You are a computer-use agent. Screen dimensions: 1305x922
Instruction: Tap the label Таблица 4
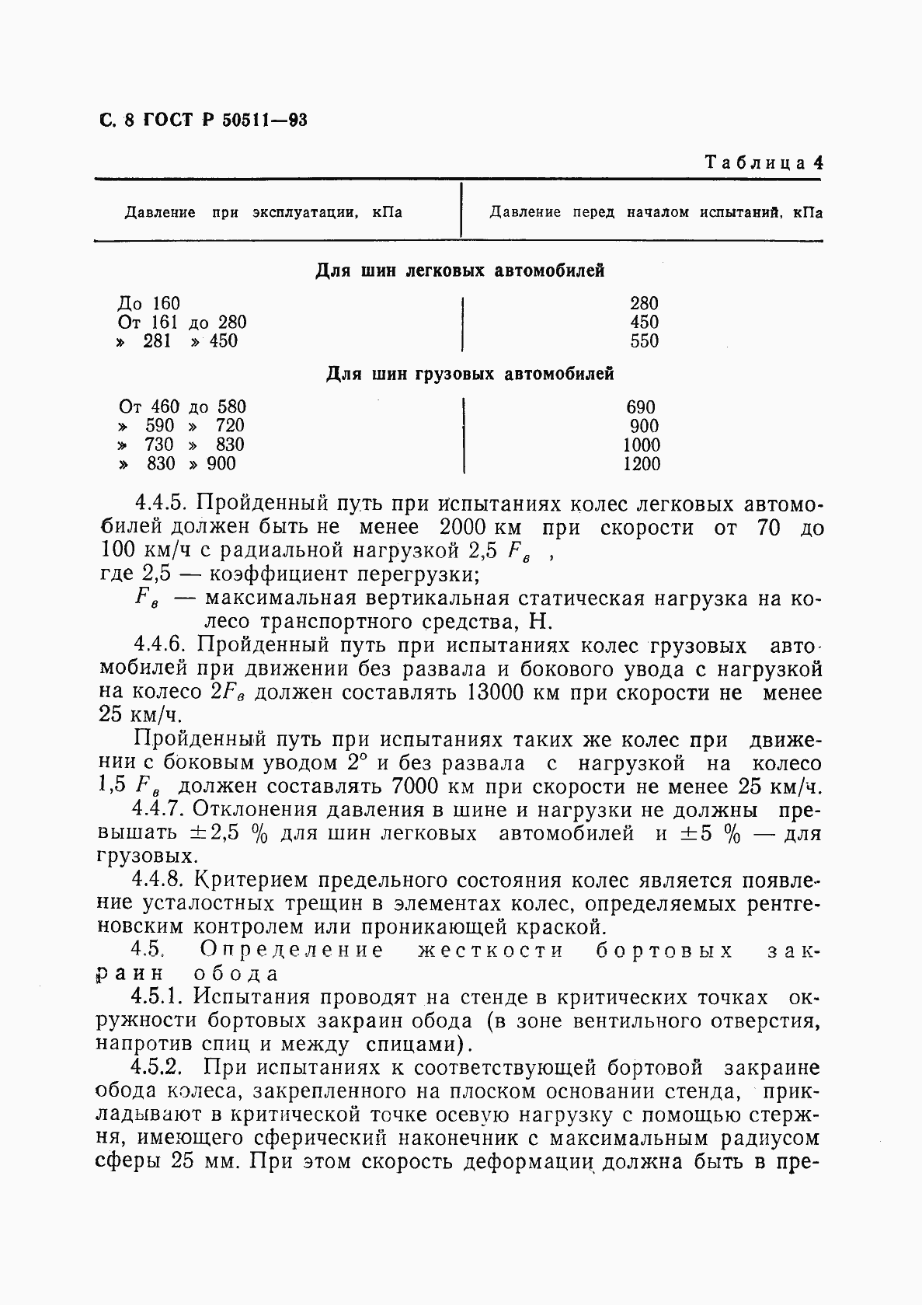(x=764, y=163)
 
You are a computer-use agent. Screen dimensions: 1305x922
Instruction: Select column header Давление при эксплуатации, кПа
(x=263, y=212)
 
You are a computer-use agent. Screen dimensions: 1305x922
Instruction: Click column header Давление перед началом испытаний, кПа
(x=656, y=212)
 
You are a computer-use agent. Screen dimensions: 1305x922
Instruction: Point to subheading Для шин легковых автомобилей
(x=460, y=271)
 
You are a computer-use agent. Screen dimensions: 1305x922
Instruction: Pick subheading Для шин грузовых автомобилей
(x=469, y=374)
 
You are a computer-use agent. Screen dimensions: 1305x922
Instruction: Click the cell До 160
(x=148, y=303)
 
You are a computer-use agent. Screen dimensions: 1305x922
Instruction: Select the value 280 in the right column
(x=644, y=303)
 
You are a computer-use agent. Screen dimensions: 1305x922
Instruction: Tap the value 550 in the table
(x=644, y=340)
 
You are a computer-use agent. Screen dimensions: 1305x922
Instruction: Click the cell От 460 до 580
(x=183, y=407)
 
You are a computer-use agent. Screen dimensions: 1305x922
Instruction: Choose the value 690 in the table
(x=641, y=407)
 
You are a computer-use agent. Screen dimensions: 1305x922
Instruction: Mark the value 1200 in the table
(x=642, y=464)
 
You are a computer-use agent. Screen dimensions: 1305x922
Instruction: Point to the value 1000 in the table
(x=642, y=445)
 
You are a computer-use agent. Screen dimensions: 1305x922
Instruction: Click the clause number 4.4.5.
(x=158, y=504)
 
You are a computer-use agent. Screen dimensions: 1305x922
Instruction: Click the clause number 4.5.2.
(x=158, y=1068)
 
